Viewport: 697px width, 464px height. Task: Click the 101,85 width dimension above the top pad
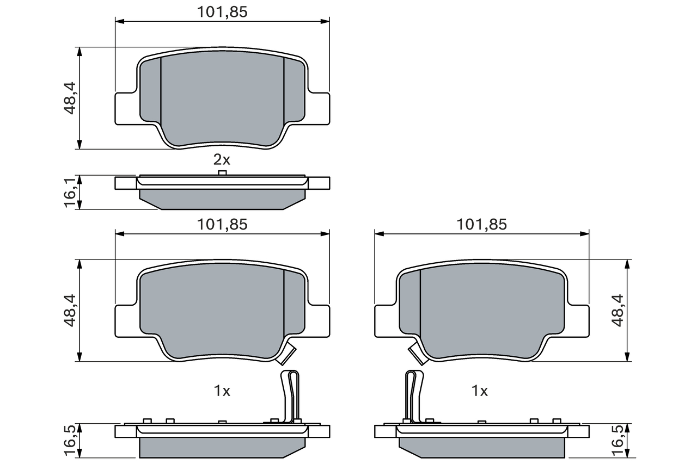(222, 12)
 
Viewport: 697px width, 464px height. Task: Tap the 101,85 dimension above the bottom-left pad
(222, 225)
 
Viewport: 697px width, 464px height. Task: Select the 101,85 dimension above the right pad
(481, 225)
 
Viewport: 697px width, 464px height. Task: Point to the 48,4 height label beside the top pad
(70, 98)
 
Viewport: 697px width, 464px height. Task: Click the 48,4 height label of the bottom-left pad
(70, 311)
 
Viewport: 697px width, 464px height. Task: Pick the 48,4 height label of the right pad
(617, 311)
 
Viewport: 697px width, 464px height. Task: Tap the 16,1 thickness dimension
(70, 193)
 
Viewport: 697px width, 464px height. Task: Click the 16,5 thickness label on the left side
(70, 441)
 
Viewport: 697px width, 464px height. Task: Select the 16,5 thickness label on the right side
(617, 441)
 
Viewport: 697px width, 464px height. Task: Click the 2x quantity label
(222, 160)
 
